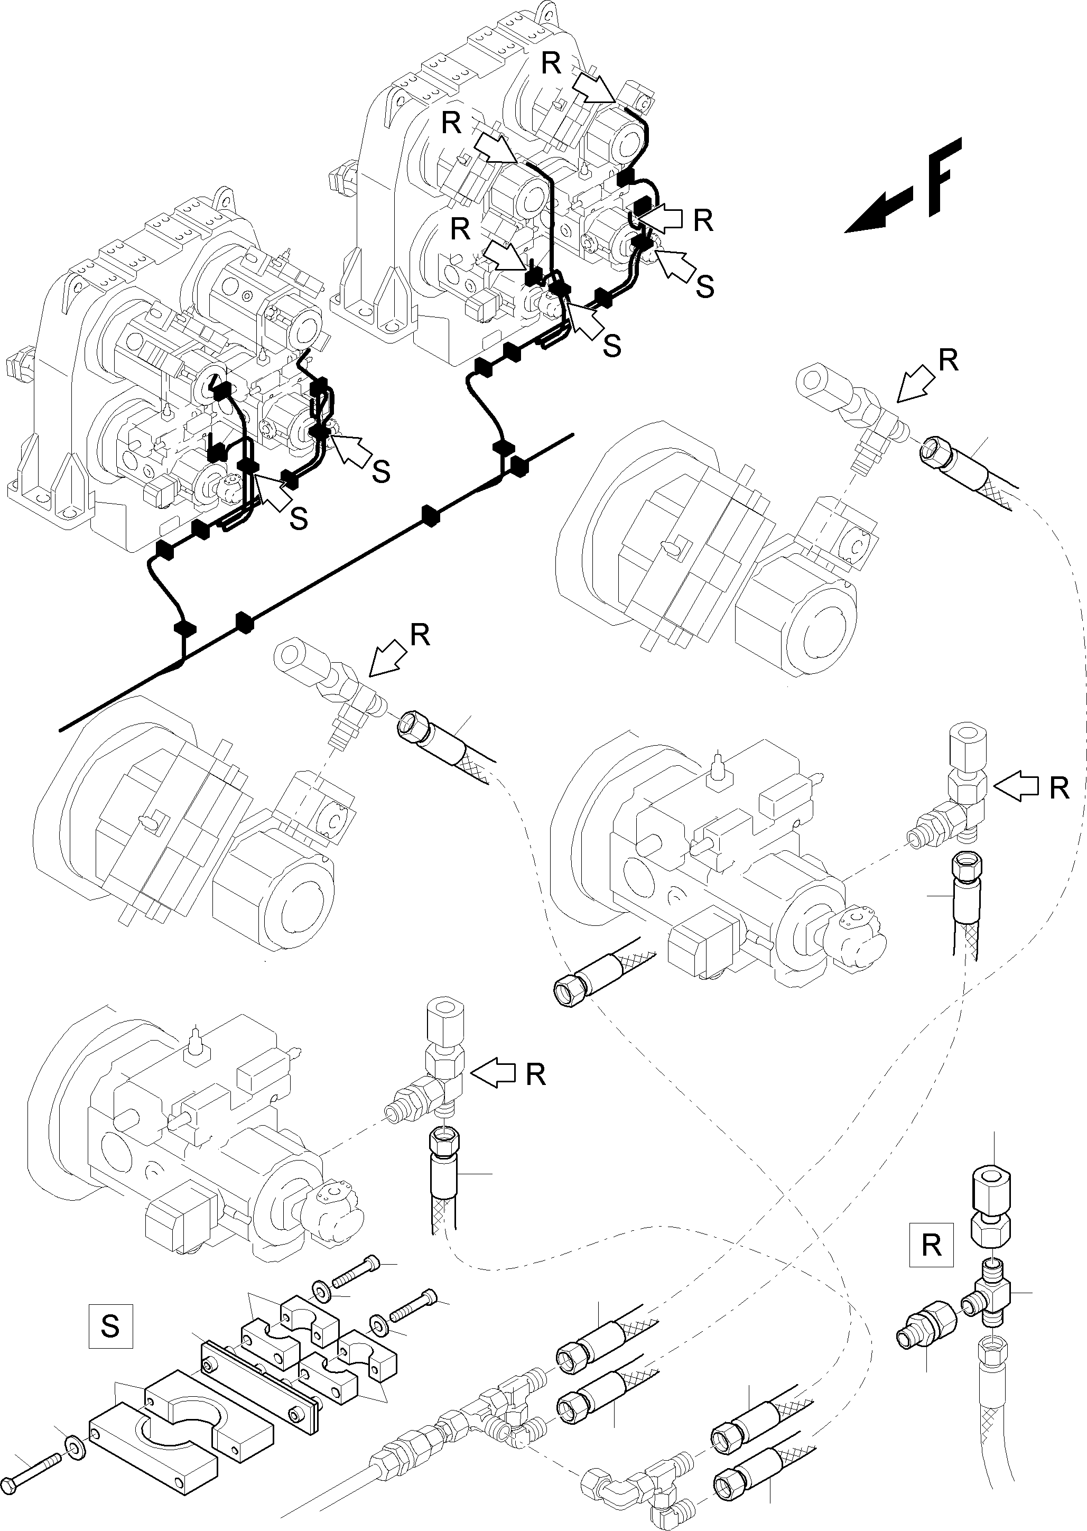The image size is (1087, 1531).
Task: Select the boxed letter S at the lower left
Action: coord(110,1325)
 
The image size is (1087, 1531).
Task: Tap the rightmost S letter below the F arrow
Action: coord(704,286)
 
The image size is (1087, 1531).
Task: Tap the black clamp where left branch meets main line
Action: coord(185,628)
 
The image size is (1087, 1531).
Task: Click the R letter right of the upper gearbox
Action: coord(703,220)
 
